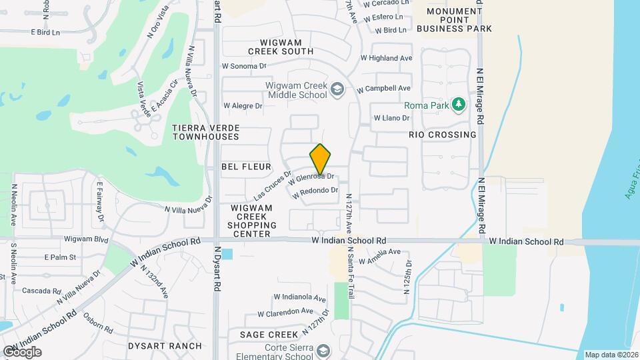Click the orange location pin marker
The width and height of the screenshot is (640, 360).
321,159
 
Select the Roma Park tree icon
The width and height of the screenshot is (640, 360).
458,105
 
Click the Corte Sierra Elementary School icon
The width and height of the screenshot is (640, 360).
323,351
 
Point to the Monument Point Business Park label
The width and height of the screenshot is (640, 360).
453,20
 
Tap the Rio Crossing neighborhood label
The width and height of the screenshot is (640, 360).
443,135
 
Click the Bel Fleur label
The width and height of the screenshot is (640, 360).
247,167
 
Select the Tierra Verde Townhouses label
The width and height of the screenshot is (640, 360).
205,131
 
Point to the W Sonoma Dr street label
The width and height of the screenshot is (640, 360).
244,66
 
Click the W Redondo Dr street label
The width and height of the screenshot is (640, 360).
316,191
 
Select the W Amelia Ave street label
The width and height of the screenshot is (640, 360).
379,252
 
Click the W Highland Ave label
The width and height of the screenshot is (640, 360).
386,58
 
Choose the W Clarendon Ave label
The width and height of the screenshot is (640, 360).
285,311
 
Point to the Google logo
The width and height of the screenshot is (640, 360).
21,352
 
